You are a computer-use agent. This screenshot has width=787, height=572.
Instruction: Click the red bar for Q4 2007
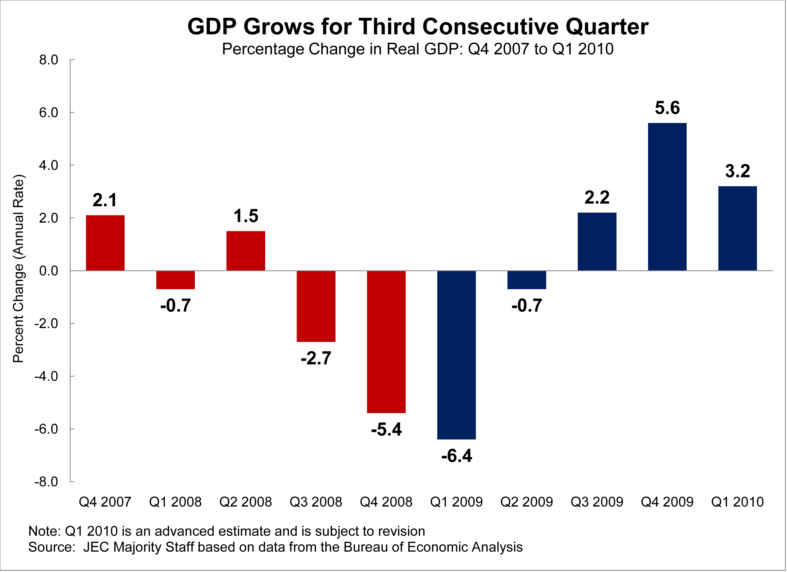[105, 243]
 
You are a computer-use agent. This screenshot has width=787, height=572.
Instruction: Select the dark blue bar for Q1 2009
[457, 355]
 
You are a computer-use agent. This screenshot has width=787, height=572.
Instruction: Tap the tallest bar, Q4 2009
[667, 197]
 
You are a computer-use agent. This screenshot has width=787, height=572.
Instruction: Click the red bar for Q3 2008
[316, 306]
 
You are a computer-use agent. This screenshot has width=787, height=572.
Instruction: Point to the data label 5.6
[667, 108]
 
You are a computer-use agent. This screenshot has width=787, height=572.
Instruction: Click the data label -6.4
[457, 456]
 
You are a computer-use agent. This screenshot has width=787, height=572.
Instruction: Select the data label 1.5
[246, 216]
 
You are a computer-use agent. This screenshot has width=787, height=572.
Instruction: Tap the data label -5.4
[386, 429]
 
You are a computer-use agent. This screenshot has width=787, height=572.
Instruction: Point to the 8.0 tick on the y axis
[49, 60]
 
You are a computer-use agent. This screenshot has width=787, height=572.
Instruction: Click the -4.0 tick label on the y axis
[46, 376]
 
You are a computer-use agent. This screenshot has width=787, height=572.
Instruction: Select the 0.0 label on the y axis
[49, 271]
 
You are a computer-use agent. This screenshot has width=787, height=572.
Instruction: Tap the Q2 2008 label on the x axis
[246, 502]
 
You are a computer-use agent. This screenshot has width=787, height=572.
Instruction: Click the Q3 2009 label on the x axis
[597, 502]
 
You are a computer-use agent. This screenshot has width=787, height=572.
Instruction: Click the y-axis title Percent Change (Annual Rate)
[19, 269]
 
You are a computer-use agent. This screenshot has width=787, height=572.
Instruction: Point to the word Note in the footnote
[43, 531]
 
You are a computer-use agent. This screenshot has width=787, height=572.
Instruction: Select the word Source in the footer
[50, 547]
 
